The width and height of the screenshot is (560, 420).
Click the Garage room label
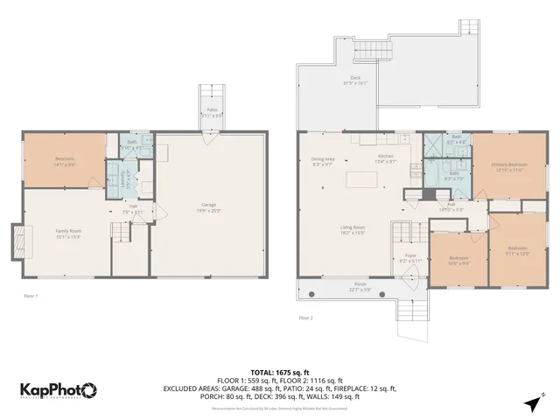point(209,206)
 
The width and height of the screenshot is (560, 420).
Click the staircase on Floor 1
point(118,232)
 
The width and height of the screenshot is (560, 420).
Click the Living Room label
point(353,229)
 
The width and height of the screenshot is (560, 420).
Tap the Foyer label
point(410,257)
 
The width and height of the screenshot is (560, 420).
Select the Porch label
point(360,286)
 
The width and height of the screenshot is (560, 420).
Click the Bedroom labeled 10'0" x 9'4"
point(458,260)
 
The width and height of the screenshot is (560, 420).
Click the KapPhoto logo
point(59,389)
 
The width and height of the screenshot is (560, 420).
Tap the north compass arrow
point(533,402)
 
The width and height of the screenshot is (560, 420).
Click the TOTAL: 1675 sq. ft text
point(280,372)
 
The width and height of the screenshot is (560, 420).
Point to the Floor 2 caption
point(305,318)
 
